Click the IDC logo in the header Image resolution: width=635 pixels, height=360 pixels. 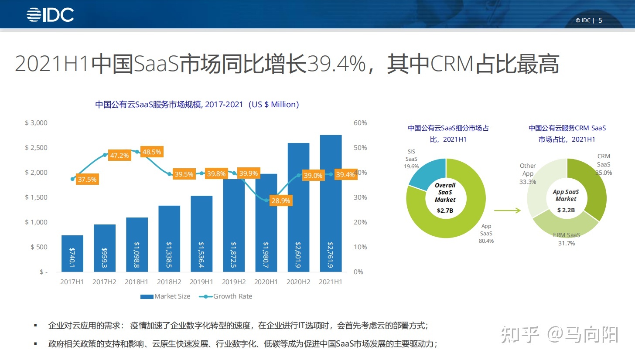coord(50,15)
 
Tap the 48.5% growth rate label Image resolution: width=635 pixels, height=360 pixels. coord(151,152)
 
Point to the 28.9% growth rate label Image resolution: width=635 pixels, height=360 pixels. coord(280,201)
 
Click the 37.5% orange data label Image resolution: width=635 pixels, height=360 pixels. coord(87,179)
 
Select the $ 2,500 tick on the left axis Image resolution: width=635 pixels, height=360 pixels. coord(36,148)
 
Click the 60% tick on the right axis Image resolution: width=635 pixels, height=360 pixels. coord(360,123)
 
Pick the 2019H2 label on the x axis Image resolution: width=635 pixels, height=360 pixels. coord(234,282)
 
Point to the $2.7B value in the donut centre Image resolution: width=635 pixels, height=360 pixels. coord(445,210)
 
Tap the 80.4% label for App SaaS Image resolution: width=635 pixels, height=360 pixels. coord(486,241)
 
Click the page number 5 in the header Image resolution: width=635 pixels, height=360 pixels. coord(600,20)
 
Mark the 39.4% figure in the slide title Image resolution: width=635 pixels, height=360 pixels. coord(336,64)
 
